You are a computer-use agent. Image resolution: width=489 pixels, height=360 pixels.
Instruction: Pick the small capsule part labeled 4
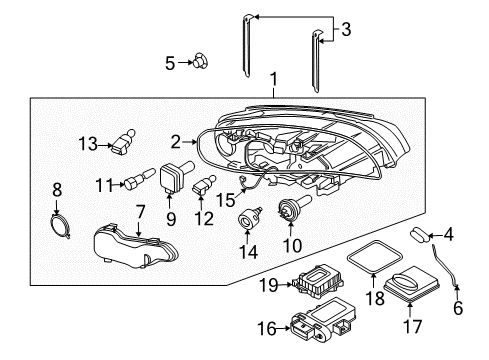(x=421, y=235)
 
